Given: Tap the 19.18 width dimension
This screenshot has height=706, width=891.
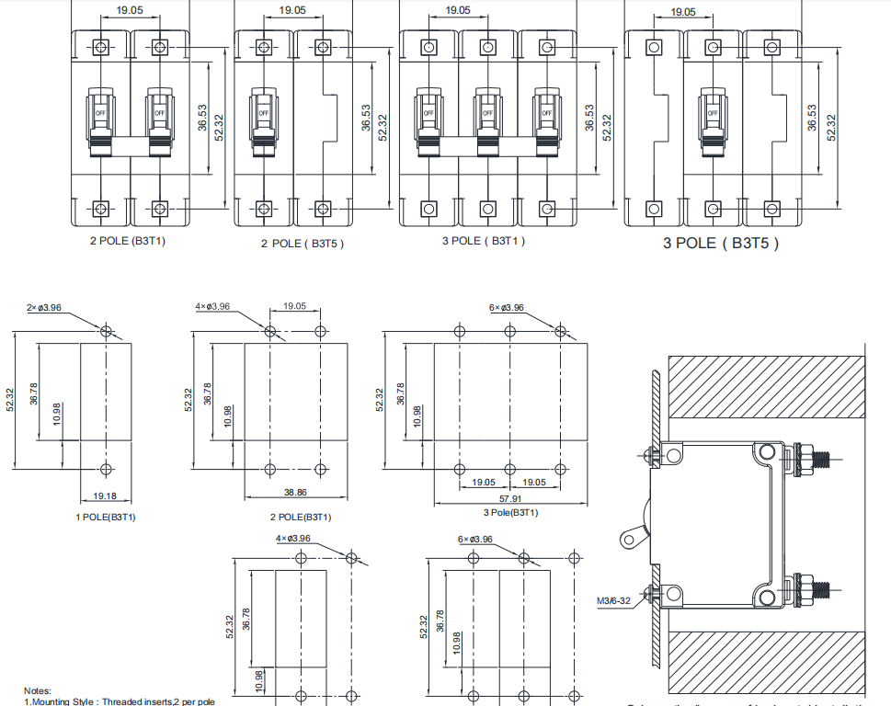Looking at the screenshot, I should [105, 496].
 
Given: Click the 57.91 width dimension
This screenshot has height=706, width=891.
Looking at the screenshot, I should [509, 498].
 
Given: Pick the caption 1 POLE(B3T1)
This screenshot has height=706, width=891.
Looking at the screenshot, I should [105, 517].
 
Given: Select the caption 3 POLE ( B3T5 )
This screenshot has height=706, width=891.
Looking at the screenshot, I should [721, 244].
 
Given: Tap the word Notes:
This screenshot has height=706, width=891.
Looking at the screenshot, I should [38, 690].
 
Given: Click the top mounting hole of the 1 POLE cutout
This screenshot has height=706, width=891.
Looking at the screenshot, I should [106, 331].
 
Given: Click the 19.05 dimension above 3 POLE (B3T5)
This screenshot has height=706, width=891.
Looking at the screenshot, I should [682, 13].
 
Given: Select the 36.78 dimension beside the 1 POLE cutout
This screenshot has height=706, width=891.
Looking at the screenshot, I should [34, 393].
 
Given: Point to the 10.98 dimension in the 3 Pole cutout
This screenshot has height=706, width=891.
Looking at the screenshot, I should [419, 416].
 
